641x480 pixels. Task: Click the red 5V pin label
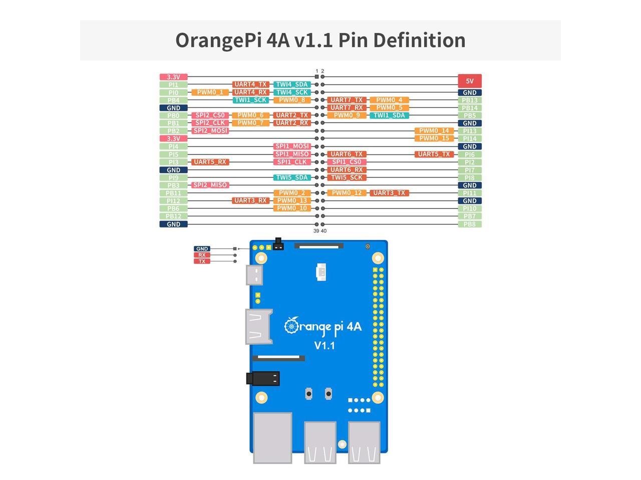tap(469, 81)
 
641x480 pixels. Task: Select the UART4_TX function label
tap(251, 84)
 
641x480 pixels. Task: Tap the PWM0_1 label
tap(210, 92)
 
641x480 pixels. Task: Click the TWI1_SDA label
tap(389, 115)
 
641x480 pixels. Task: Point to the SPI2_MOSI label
tap(210, 131)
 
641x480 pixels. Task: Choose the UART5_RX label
tap(210, 162)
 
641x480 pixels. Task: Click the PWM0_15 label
tap(434, 138)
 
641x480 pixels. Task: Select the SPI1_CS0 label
tap(347, 162)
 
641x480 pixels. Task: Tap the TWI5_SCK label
tap(347, 177)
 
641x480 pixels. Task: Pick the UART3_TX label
tap(389, 193)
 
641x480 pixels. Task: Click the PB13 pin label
tap(469, 100)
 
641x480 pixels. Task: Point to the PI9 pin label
tap(173, 177)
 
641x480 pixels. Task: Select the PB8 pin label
tap(469, 224)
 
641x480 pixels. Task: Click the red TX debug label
tap(202, 261)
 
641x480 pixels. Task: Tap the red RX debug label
tap(202, 255)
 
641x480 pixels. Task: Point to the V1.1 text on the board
tap(325, 345)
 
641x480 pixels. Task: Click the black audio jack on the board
tap(263, 378)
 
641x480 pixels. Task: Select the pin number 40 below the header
tap(324, 231)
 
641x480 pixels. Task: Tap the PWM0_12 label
tap(347, 193)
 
